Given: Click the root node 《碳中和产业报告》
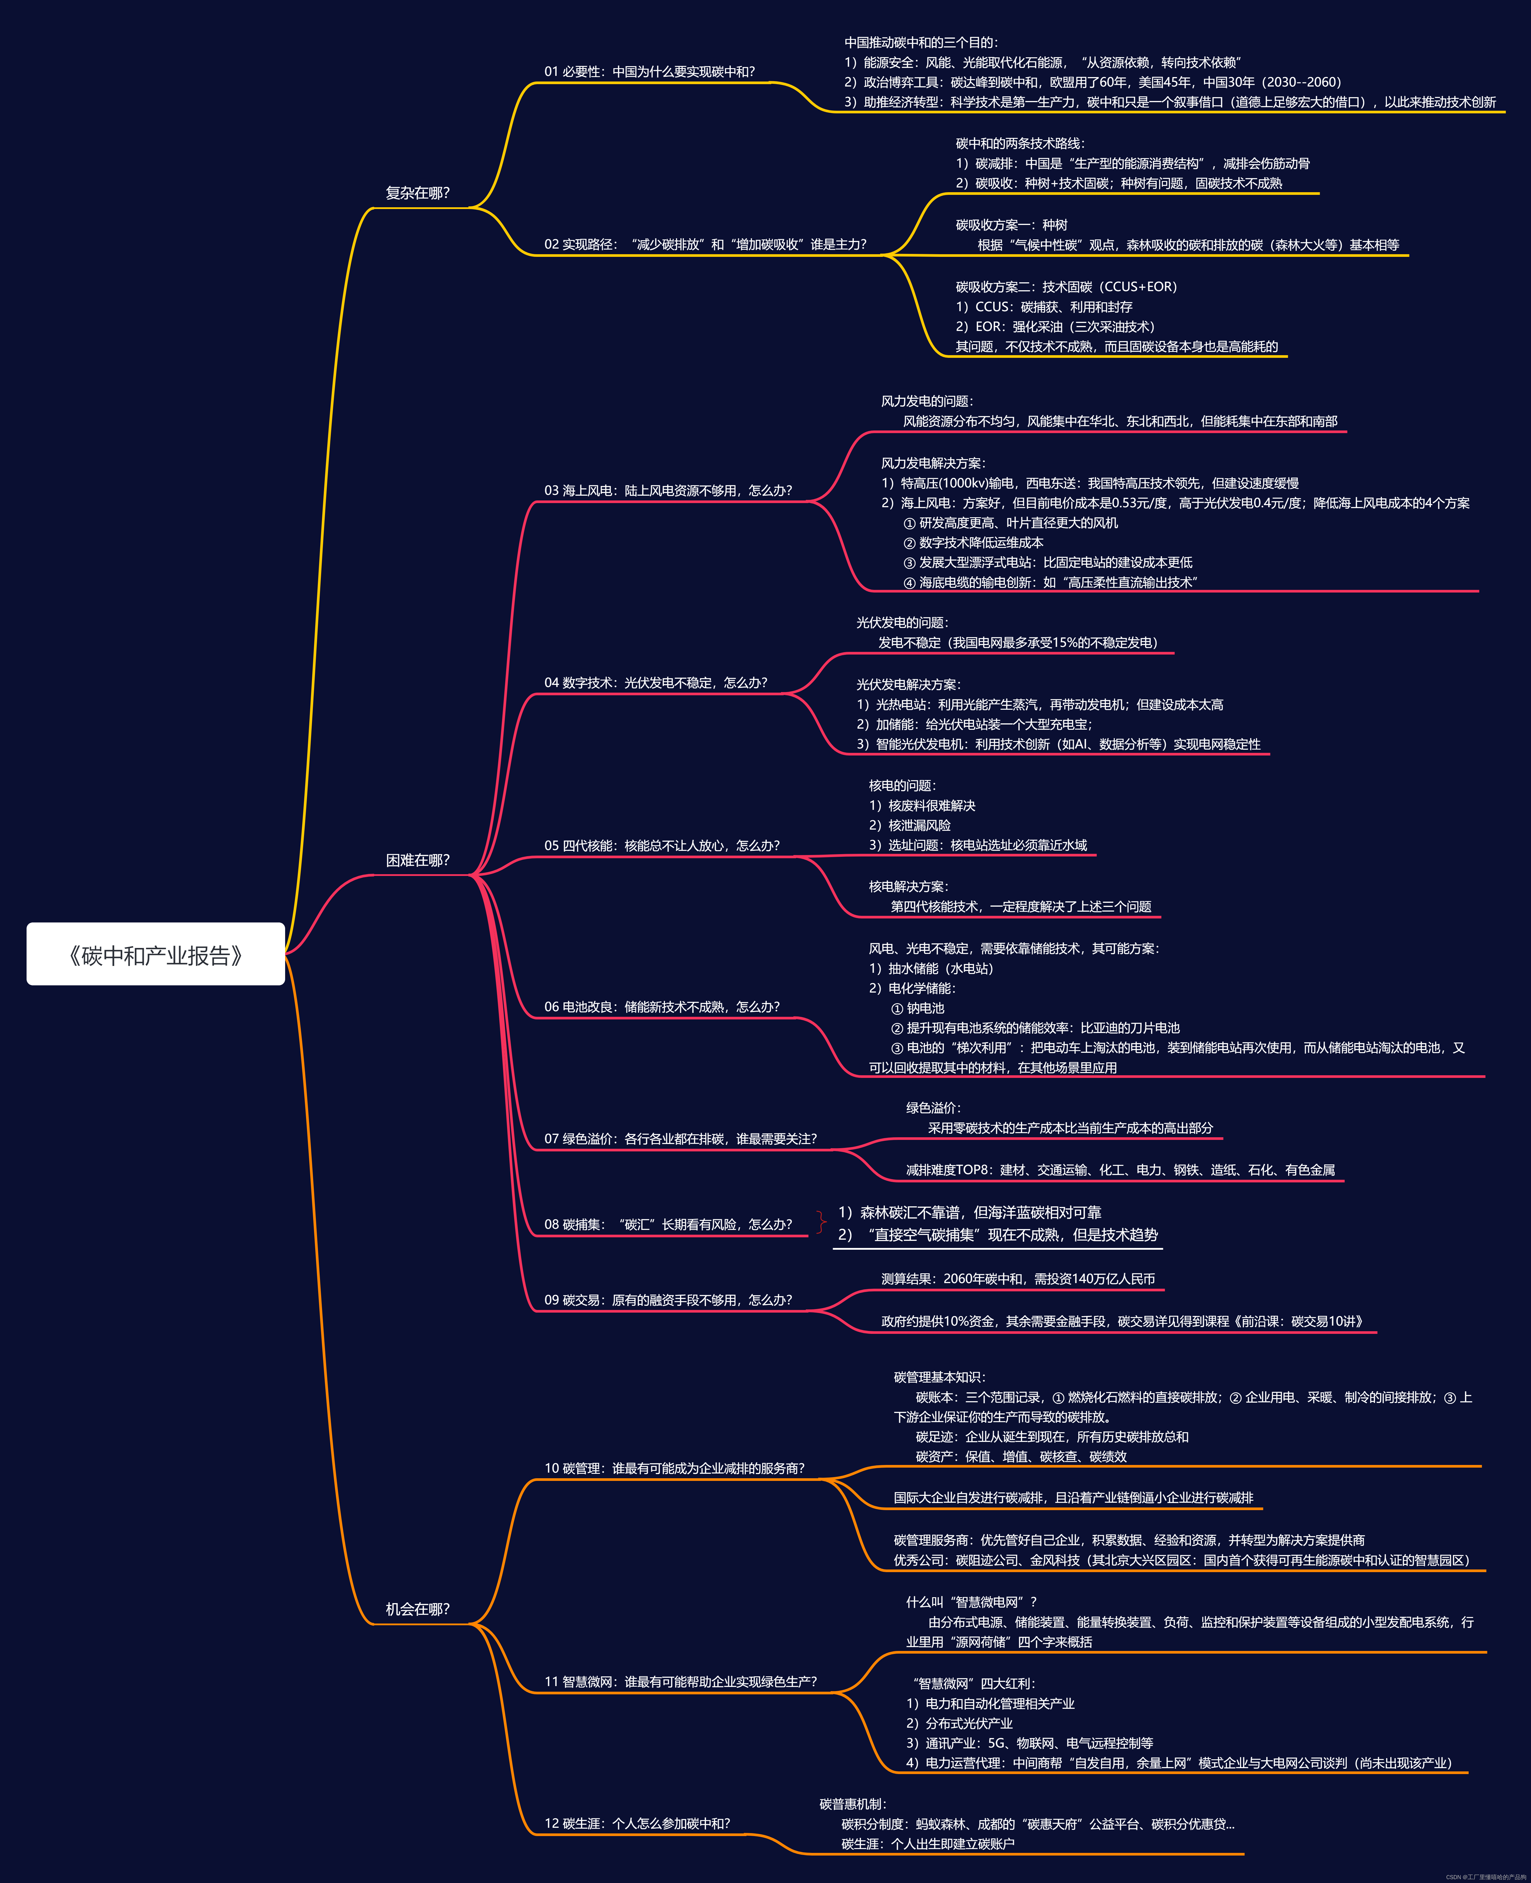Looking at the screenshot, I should pos(155,954).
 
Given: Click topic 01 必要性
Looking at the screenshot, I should pos(649,71).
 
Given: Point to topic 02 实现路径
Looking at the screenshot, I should pos(705,244).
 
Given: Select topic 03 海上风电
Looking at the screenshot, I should pos(668,490).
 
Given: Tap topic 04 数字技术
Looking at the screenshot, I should pos(655,683).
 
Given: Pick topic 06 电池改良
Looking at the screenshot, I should pos(661,1006).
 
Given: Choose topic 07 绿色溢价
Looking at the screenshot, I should pos(680,1139).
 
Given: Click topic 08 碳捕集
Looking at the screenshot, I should pos(668,1224).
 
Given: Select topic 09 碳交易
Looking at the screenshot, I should pos(668,1300).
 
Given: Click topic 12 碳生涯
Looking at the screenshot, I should pos(637,1823).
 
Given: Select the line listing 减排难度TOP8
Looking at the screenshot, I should pos(1120,1170).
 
